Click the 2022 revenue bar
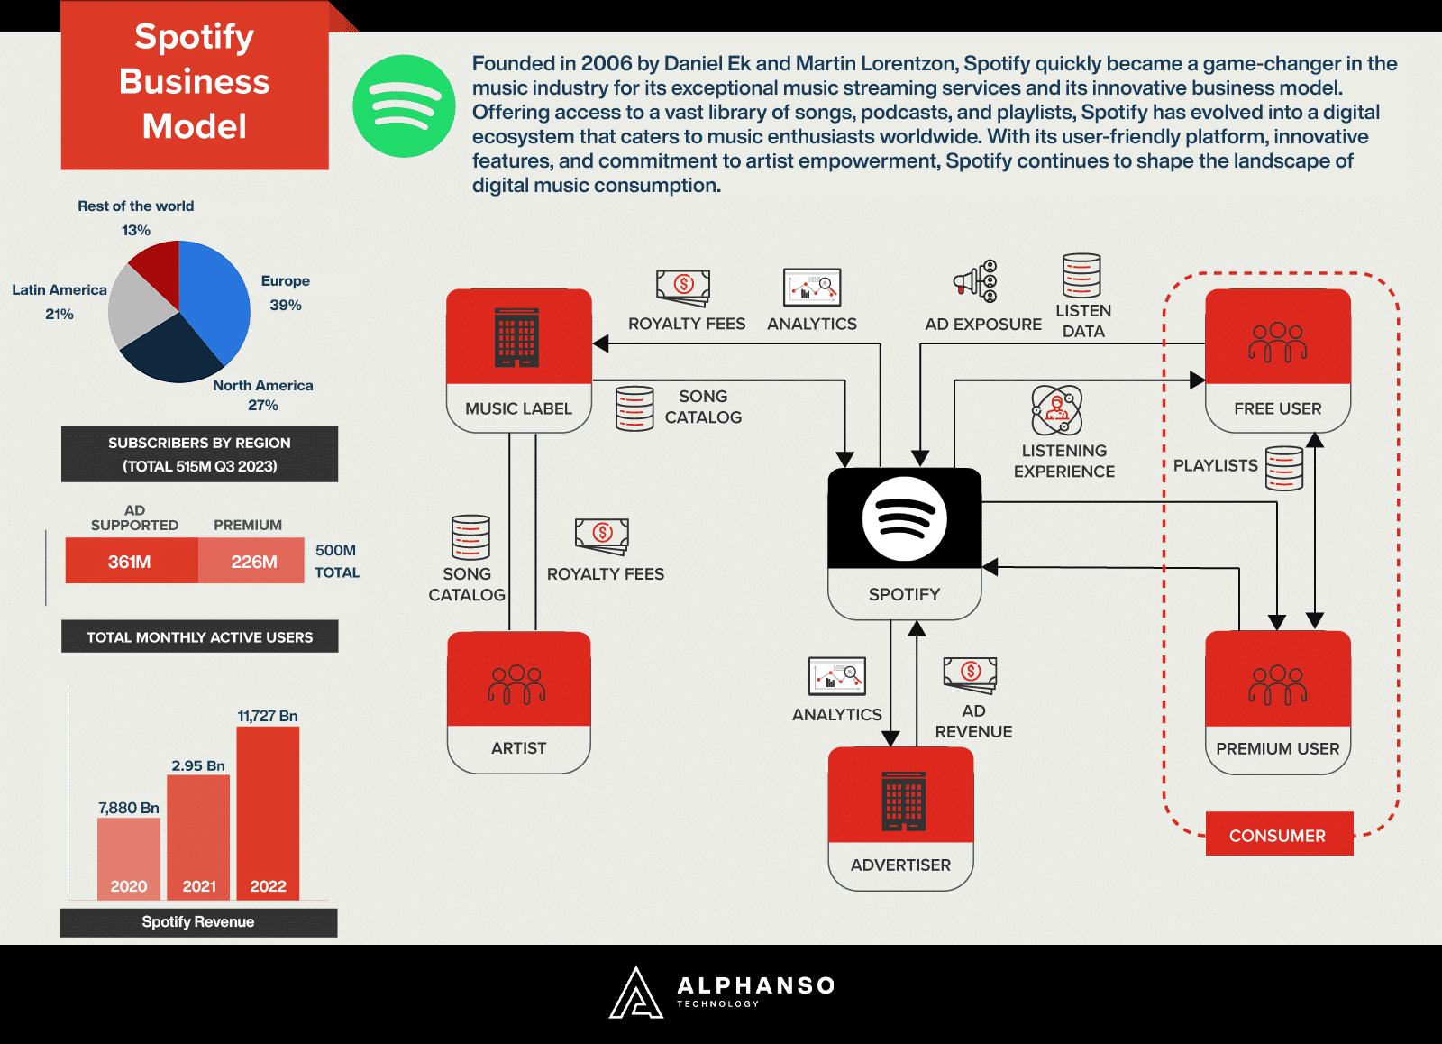pyautogui.click(x=268, y=811)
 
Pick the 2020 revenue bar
pyautogui.click(x=129, y=856)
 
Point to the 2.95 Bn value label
pyautogui.click(x=198, y=765)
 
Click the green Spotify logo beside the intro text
pyautogui.click(x=404, y=106)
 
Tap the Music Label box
pyautogui.click(x=519, y=361)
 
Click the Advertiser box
pyautogui.click(x=900, y=818)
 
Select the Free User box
pyautogui.click(x=1277, y=361)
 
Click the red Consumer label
pyautogui.click(x=1279, y=834)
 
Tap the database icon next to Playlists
pyautogui.click(x=1284, y=468)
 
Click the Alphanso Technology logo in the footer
pyautogui.click(x=722, y=993)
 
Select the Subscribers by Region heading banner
pyautogui.click(x=199, y=454)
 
